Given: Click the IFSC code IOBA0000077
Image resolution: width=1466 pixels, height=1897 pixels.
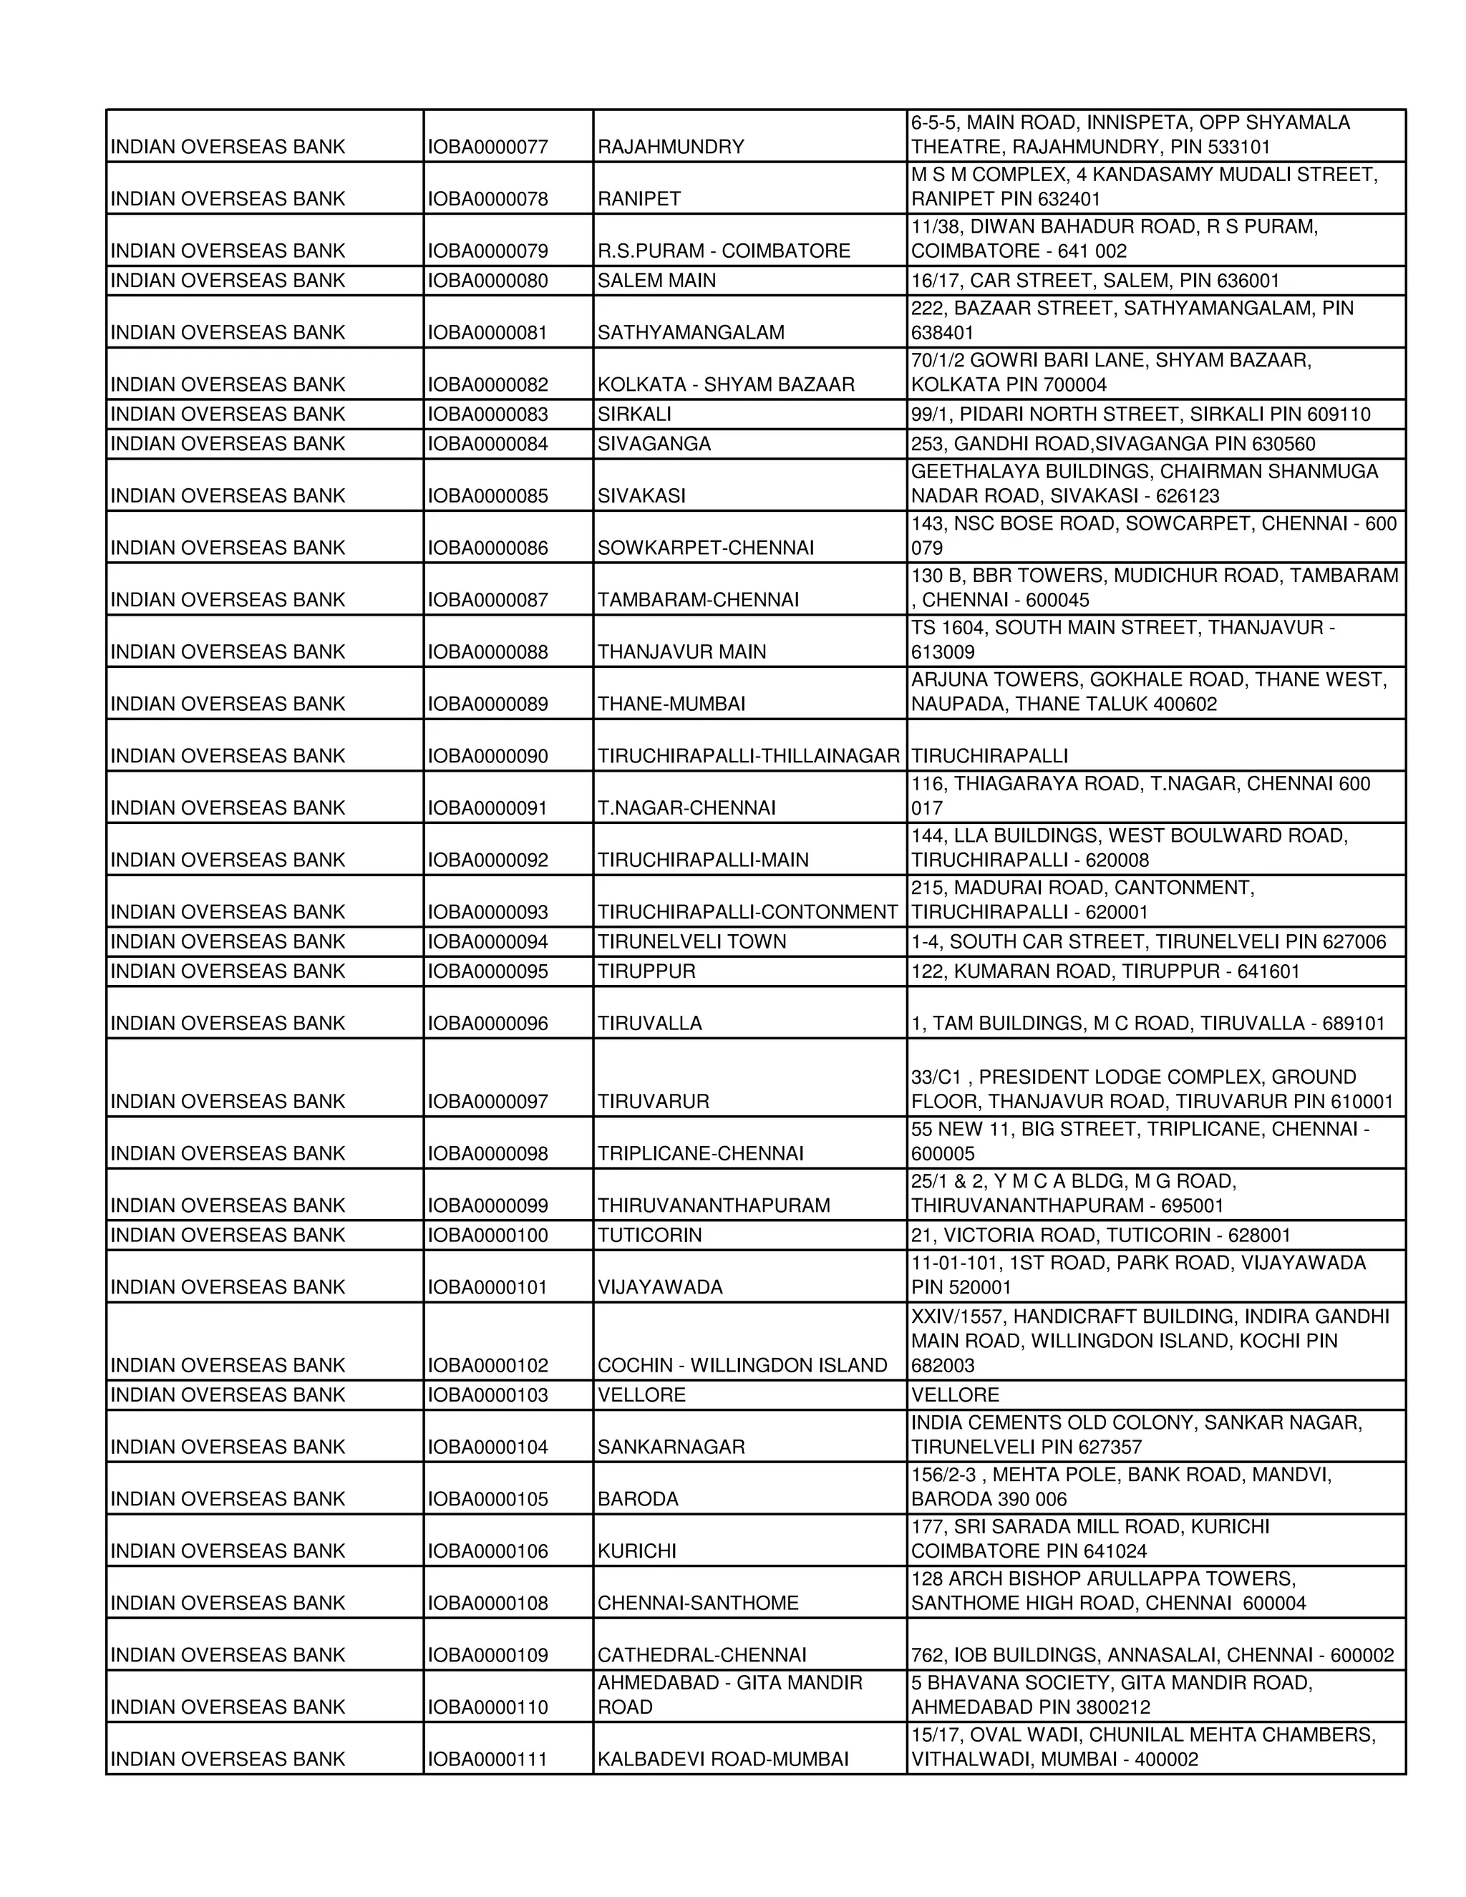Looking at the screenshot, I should (x=487, y=147).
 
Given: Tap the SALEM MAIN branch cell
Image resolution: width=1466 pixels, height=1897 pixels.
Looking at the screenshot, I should (x=656, y=281).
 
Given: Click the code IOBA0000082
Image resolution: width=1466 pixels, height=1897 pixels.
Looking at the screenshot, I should (x=487, y=385).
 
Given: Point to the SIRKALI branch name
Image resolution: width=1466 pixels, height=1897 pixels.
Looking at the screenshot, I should (x=634, y=414).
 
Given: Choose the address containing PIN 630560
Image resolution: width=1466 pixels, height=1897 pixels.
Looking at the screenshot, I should (x=1112, y=444).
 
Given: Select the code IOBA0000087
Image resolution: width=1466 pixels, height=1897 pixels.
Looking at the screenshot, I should (x=487, y=600).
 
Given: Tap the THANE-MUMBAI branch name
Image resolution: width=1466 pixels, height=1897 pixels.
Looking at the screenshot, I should (x=671, y=704).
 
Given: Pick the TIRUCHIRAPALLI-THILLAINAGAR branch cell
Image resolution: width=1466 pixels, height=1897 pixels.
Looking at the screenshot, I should (x=748, y=756).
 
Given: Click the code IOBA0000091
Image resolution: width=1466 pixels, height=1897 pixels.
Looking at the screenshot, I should (x=487, y=807).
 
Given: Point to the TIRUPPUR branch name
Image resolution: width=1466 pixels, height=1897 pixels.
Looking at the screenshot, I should (x=646, y=971).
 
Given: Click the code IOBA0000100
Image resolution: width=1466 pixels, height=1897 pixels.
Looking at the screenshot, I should (x=487, y=1235).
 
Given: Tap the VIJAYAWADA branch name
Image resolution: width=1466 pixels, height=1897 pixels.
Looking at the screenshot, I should (x=659, y=1287).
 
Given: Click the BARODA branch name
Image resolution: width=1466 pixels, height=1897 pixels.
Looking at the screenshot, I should (x=638, y=1499).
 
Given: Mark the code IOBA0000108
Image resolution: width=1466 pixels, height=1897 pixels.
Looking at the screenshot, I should (x=487, y=1604).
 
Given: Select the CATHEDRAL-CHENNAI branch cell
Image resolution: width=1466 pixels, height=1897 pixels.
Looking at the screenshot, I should (x=702, y=1656).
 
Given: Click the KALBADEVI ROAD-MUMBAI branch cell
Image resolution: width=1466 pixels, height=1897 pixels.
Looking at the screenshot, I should (x=722, y=1759).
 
